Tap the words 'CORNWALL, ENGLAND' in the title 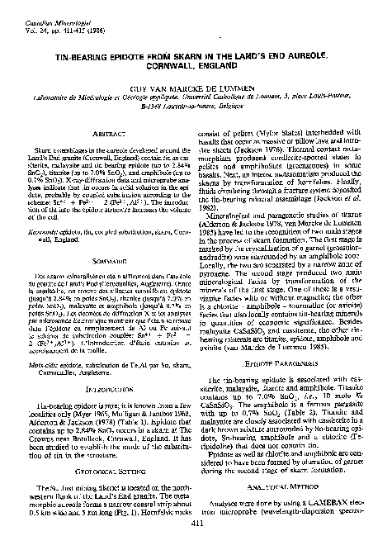(x=197, y=63)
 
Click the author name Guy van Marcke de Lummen (x=197, y=86)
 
